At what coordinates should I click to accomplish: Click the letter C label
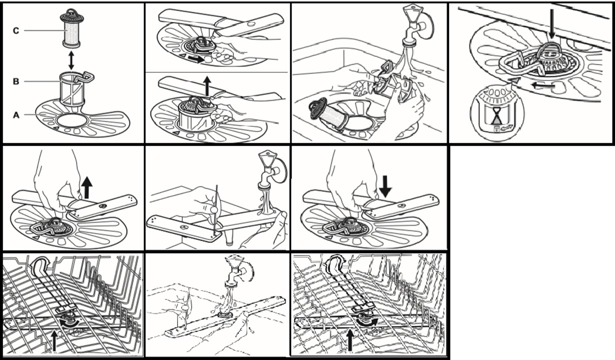tap(16, 30)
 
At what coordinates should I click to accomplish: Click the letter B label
tap(16, 81)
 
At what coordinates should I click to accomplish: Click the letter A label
tap(16, 115)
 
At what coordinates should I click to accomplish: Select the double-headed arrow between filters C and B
tap(71, 60)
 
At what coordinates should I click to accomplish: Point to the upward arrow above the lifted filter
tap(207, 85)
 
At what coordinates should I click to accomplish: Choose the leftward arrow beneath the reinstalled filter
tap(543, 85)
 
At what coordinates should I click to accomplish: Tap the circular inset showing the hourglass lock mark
tap(497, 113)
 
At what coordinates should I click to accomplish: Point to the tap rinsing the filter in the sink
tap(415, 24)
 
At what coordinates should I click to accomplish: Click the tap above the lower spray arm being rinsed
tap(270, 171)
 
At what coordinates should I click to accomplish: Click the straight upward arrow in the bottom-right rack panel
tap(350, 340)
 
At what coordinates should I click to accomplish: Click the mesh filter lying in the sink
tap(328, 114)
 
